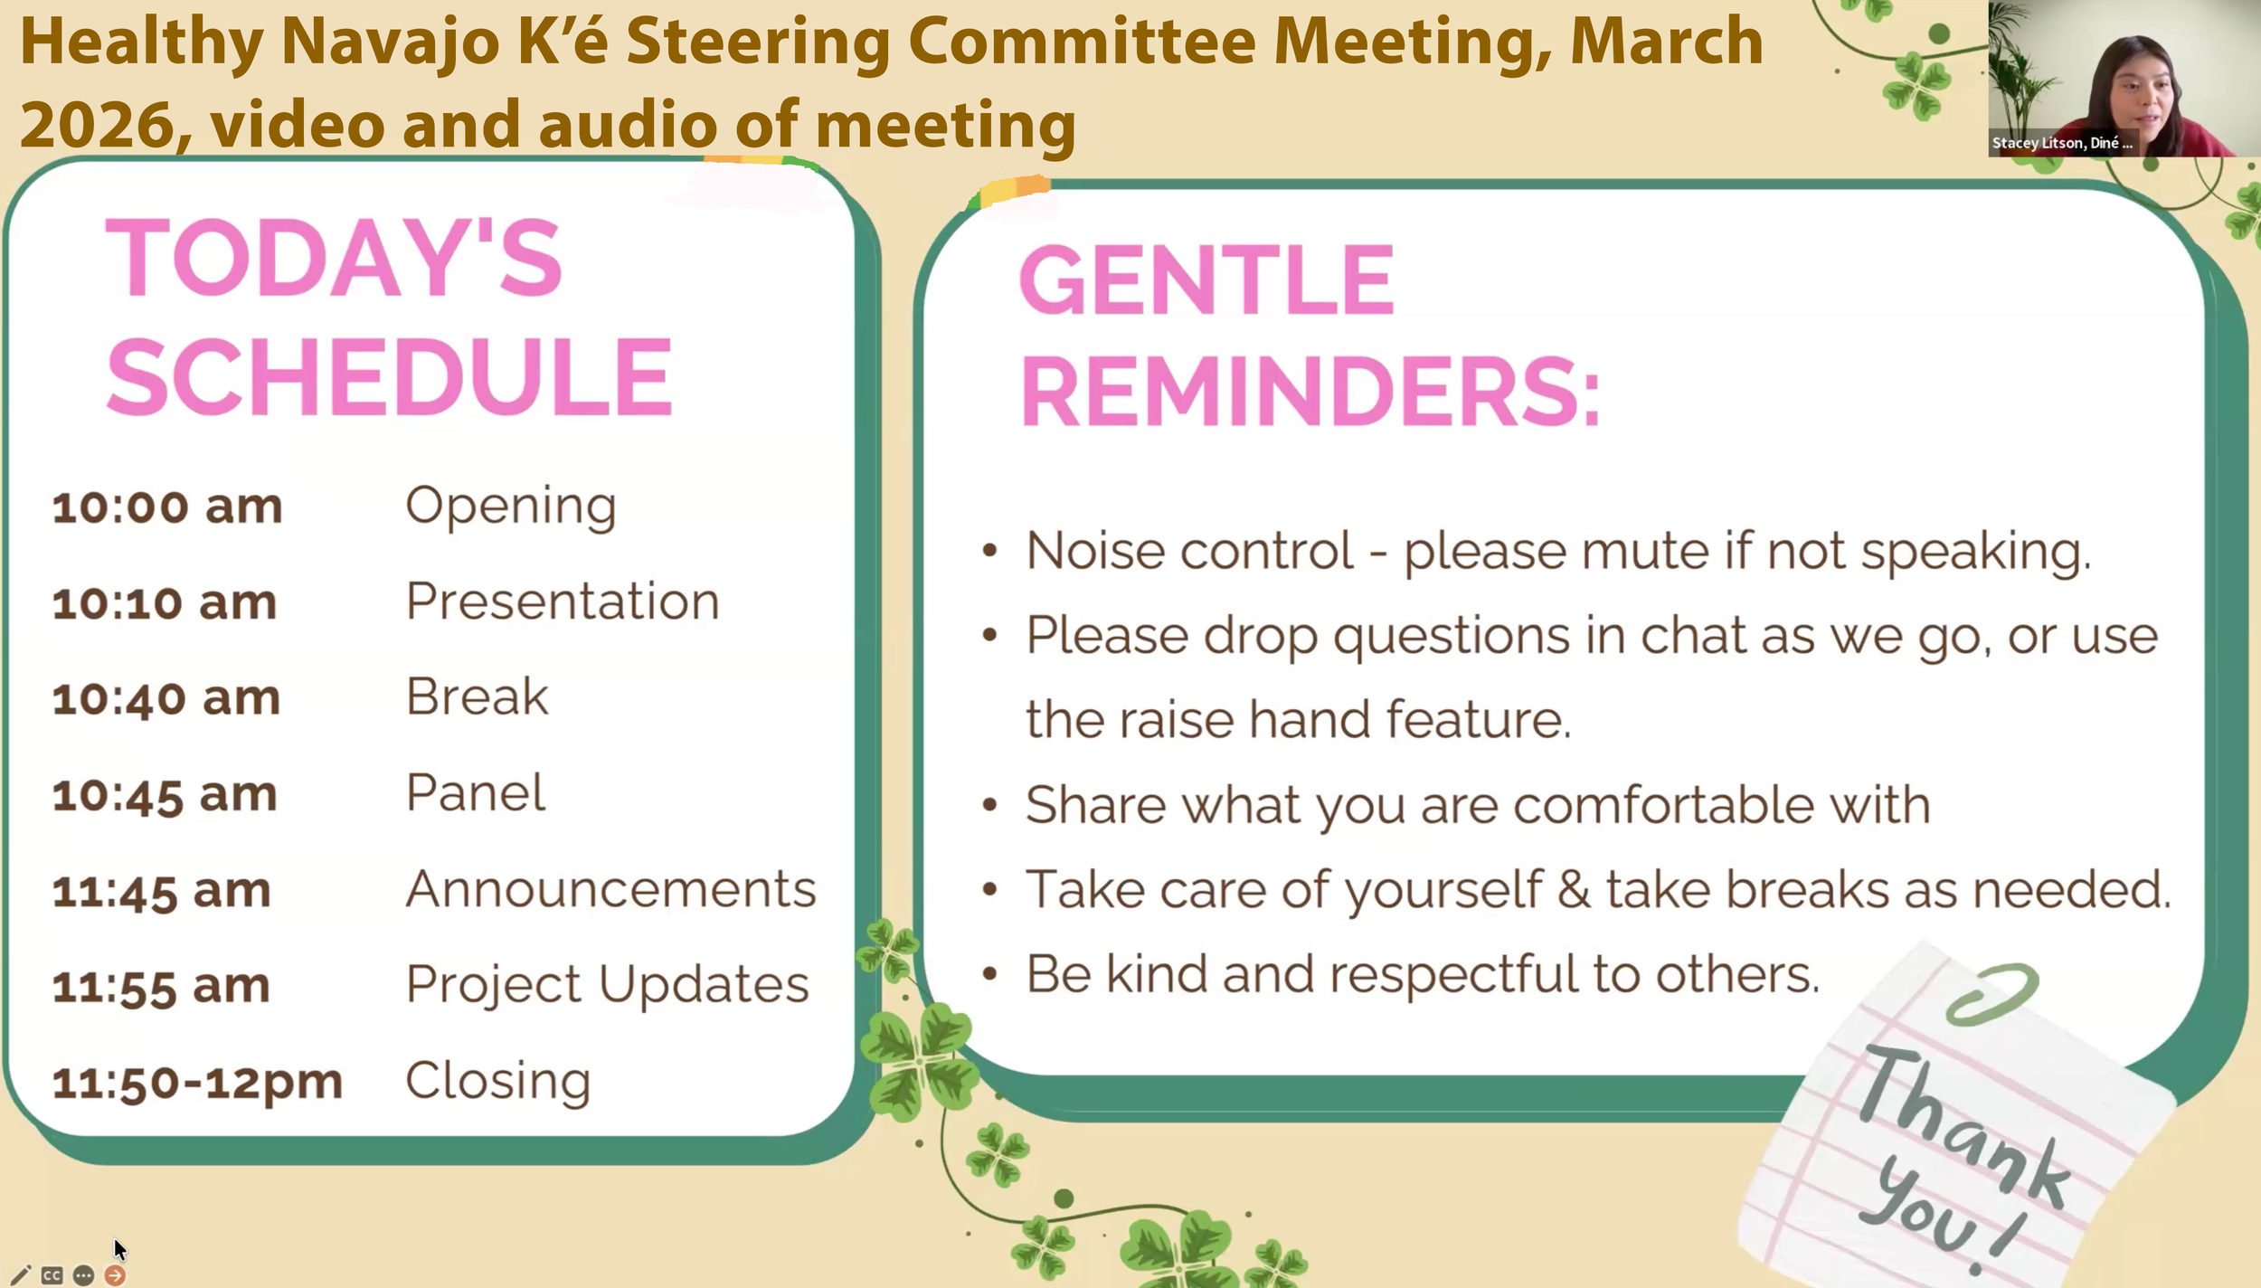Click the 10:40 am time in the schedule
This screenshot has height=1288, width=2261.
point(166,699)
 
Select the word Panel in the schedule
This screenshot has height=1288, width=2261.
point(476,793)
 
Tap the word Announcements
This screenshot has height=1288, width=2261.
point(610,889)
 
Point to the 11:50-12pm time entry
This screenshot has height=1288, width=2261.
point(197,1082)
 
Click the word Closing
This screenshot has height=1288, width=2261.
point(497,1080)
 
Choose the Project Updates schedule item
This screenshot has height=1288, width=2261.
point(607,984)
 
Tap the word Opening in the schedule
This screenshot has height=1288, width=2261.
point(510,506)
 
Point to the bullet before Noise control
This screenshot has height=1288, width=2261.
point(989,551)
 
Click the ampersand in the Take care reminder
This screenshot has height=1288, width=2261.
point(1574,889)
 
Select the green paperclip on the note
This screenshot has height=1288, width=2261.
point(1992,994)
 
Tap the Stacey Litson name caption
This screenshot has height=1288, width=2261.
point(2061,143)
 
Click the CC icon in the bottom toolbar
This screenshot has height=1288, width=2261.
point(52,1275)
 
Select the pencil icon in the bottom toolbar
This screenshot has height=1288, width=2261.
point(21,1275)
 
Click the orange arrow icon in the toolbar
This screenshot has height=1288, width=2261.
point(115,1275)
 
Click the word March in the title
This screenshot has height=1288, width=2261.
point(1666,42)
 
